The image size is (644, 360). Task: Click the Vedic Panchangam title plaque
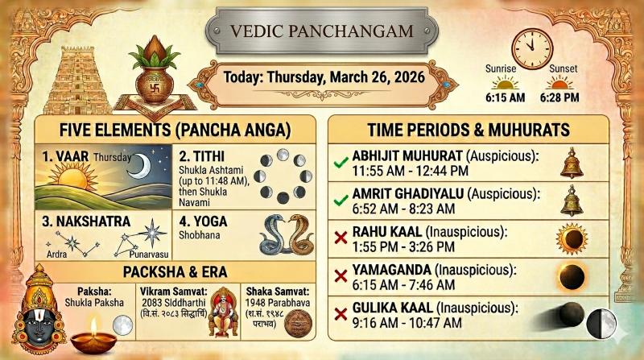pyautogui.click(x=322, y=31)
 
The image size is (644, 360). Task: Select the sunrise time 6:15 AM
pyautogui.click(x=506, y=97)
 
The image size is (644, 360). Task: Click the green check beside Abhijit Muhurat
pyautogui.click(x=341, y=163)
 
